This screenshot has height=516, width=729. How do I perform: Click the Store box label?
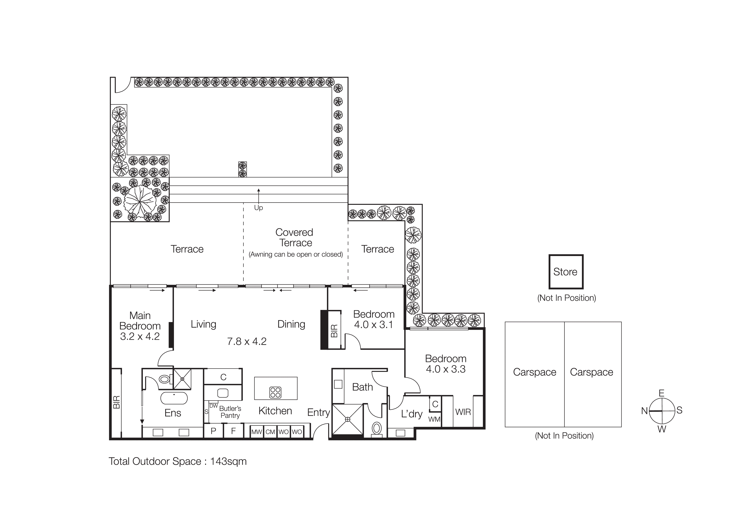point(565,272)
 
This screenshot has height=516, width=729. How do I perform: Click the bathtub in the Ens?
point(174,398)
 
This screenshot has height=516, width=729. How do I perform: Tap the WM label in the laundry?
point(434,419)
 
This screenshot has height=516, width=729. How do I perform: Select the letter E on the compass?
point(661,393)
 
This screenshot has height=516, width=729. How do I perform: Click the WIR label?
point(463,412)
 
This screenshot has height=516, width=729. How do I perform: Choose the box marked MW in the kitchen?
point(257,432)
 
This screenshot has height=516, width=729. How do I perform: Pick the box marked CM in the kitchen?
point(270,432)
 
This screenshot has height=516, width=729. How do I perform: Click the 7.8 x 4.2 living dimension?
point(247,341)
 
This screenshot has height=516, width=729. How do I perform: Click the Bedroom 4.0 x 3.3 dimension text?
point(446,369)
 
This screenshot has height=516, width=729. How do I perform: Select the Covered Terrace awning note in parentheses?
point(296,254)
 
